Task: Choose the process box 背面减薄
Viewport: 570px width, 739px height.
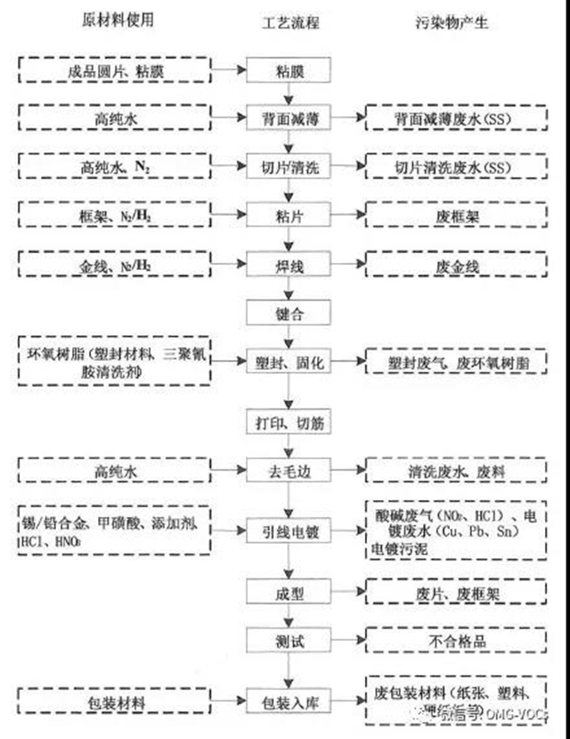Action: coord(287,118)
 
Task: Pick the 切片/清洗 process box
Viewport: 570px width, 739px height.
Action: coord(287,166)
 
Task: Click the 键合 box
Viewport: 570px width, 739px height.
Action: coord(287,313)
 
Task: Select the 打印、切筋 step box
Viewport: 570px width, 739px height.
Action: coord(287,419)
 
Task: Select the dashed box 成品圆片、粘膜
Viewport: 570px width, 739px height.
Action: coord(110,69)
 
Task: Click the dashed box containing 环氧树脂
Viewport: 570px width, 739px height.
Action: coord(110,360)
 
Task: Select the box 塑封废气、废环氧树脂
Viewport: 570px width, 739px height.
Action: coord(456,362)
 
